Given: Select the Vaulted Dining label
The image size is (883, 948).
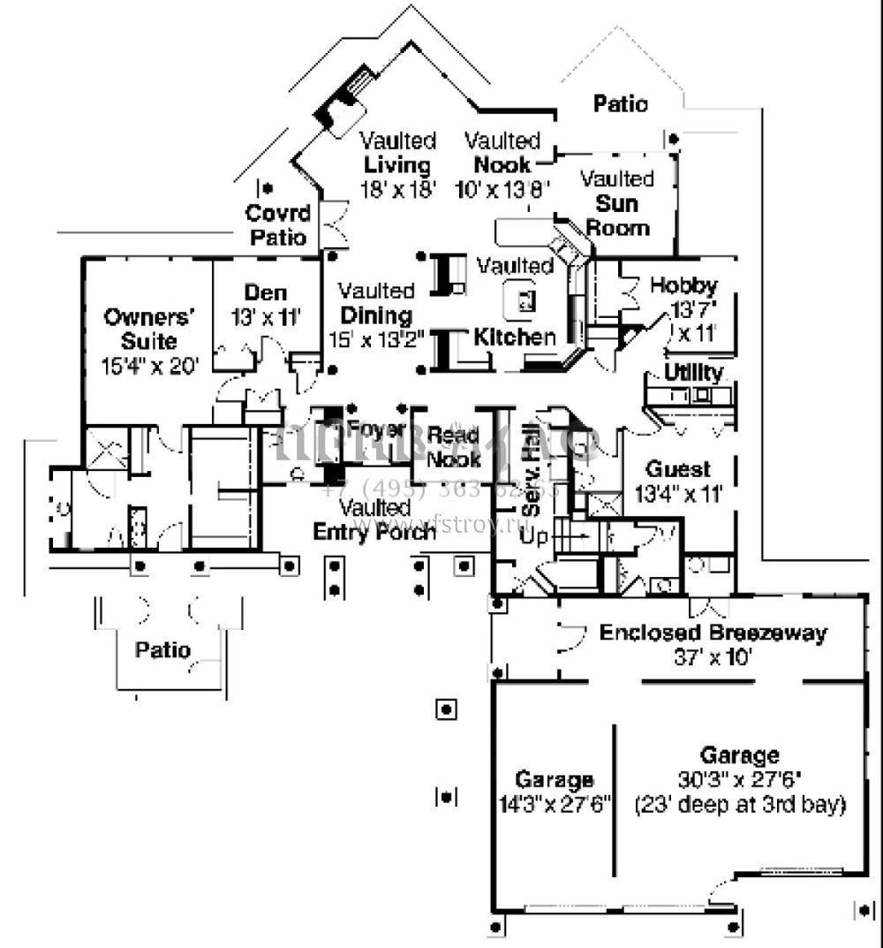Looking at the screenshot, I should pos(376,315).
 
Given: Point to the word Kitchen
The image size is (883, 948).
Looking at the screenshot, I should pos(515,337).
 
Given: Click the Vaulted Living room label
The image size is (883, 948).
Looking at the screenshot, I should pos(397,164).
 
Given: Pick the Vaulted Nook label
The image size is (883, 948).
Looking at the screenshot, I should pos(502,164).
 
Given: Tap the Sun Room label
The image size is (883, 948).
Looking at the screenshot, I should pos(618,216).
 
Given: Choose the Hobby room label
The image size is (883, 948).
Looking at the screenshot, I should pos(683,285).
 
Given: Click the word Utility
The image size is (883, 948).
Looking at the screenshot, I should pos(693,372).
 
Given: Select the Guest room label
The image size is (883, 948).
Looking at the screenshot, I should pos(678,468).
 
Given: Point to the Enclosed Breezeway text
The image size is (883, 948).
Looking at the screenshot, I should pos(713,633).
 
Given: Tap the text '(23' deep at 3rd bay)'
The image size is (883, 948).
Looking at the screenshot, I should pos(741,805).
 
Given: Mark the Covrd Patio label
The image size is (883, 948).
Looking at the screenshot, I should pos(277,225).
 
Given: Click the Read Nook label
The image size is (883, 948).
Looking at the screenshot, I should pos(454,447).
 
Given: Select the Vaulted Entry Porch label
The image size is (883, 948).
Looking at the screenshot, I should pos(375,520).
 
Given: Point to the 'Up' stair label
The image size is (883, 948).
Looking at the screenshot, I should pos(532,536).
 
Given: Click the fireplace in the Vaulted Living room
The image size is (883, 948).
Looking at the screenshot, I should pos(343,104).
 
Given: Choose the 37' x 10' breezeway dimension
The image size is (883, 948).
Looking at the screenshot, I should pos(712,657).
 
